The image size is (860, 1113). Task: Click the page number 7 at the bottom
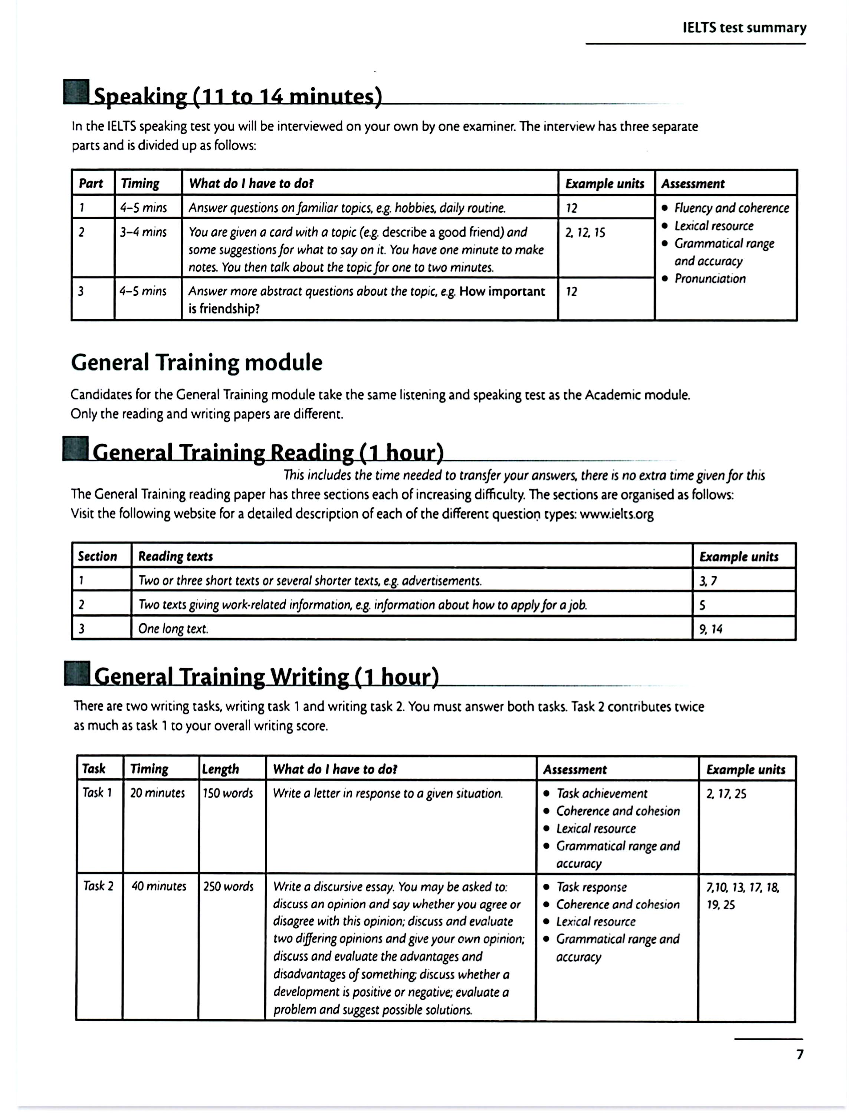(x=800, y=1054)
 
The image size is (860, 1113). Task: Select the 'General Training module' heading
(x=197, y=363)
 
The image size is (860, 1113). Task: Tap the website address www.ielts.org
(x=617, y=514)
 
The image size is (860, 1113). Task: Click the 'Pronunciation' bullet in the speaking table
(x=710, y=279)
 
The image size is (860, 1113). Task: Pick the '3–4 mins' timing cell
(x=143, y=232)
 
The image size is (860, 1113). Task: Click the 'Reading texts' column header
(x=175, y=556)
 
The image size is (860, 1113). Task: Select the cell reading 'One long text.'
(x=173, y=629)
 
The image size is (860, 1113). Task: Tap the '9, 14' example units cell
(x=711, y=629)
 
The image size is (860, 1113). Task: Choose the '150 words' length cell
(x=228, y=794)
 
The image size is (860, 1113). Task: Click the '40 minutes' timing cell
(x=159, y=886)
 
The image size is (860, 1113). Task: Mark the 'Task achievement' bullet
(x=602, y=794)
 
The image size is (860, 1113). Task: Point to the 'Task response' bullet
(x=591, y=887)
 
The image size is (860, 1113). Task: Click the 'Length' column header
(x=220, y=769)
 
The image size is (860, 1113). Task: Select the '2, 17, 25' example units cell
(x=726, y=794)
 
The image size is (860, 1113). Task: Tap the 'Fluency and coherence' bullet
(x=731, y=208)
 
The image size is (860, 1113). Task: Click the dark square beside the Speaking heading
(x=76, y=92)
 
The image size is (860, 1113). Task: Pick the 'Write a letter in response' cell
(x=388, y=794)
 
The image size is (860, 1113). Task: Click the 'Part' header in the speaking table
(x=91, y=184)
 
